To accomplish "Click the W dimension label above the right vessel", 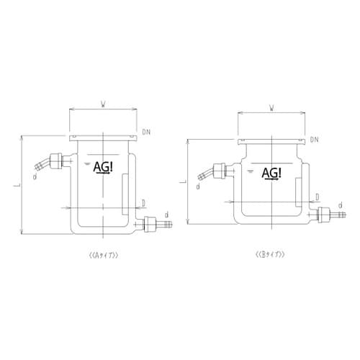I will pos(271,109).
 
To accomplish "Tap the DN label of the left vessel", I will pos(147,132).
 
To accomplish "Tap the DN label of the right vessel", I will pos(315,138).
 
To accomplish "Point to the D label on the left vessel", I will pos(143,202).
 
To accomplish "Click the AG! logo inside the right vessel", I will pos(271,174).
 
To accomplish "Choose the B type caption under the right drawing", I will pos(271,255).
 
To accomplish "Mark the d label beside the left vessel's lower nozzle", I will pos(167,214).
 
